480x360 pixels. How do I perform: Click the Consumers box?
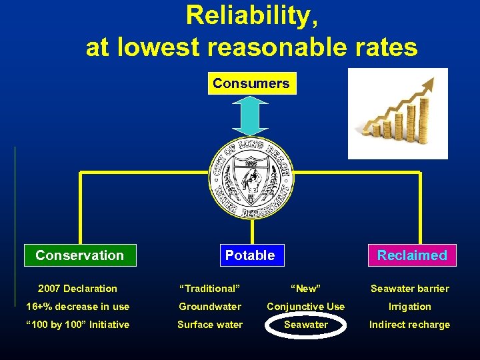click(x=251, y=84)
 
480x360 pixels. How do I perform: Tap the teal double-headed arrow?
click(x=251, y=116)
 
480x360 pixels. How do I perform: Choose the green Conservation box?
click(x=80, y=255)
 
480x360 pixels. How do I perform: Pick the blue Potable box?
click(x=250, y=255)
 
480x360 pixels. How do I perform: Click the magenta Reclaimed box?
click(x=412, y=255)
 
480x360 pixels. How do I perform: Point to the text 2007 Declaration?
click(x=77, y=289)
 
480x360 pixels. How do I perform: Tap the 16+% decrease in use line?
click(x=77, y=307)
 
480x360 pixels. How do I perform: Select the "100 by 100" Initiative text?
click(x=77, y=325)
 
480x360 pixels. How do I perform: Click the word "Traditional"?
click(x=210, y=289)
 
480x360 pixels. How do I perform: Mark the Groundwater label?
click(x=210, y=307)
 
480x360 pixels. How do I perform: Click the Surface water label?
click(x=210, y=325)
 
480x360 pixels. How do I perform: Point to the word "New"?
click(x=306, y=289)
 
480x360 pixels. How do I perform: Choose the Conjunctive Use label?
click(x=306, y=307)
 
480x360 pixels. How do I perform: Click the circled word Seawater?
click(x=306, y=325)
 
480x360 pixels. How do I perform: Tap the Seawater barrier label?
click(x=410, y=289)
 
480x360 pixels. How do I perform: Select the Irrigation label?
click(x=410, y=307)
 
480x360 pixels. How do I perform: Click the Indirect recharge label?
click(x=410, y=325)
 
